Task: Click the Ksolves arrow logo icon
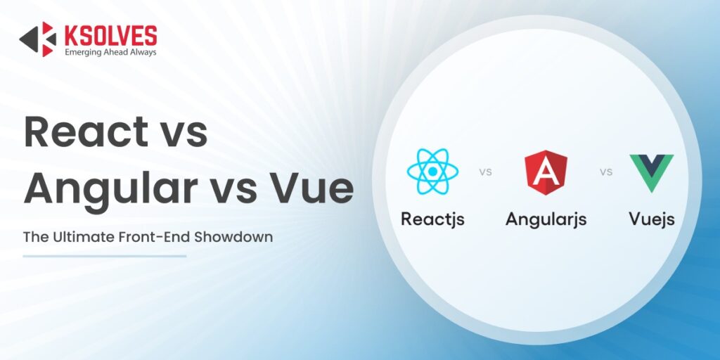[37, 39]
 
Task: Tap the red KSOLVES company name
[110, 34]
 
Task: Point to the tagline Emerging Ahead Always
[110, 52]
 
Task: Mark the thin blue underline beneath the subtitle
[104, 256]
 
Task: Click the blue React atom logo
[432, 172]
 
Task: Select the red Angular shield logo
[546, 172]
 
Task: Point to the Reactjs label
[432, 219]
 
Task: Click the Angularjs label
[546, 219]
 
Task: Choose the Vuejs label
[651, 219]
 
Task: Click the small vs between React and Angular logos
[485, 172]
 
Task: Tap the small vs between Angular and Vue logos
[605, 172]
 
